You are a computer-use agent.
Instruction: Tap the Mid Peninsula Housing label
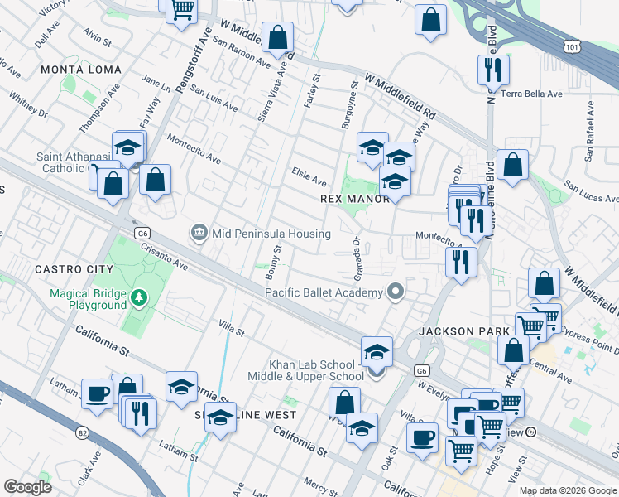(271, 234)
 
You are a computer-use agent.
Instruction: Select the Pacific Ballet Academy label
(324, 292)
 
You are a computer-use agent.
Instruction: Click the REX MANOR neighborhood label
(354, 200)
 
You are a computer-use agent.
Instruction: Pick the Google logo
(27, 487)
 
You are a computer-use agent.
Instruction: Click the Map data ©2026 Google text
(567, 490)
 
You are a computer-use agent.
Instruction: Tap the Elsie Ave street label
(309, 171)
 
